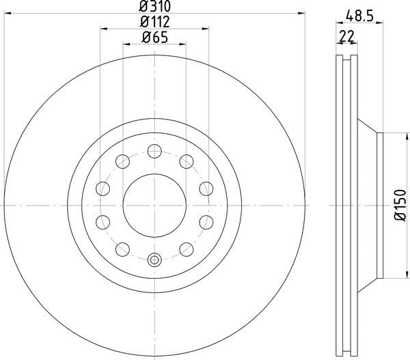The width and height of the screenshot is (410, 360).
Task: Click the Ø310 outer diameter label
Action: [x=154, y=8]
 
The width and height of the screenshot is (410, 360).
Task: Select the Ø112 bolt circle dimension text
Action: [x=154, y=23]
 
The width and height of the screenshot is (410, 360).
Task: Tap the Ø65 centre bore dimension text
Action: [x=154, y=38]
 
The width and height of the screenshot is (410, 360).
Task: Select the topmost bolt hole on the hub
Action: [x=154, y=149]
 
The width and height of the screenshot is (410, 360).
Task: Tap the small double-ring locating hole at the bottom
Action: [x=154, y=260]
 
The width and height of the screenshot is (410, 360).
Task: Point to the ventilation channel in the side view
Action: [x=348, y=205]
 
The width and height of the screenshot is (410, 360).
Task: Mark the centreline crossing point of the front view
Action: [x=154, y=204]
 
